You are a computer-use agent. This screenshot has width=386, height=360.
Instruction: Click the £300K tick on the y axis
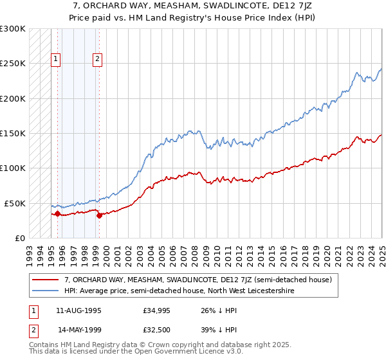click(x=13, y=29)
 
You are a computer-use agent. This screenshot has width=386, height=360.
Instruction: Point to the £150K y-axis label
click(x=13, y=134)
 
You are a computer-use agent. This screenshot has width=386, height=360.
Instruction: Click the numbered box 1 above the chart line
click(x=56, y=60)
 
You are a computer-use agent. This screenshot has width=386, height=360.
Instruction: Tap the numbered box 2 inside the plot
click(x=97, y=60)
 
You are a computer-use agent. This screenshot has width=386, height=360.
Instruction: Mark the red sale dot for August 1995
click(x=57, y=213)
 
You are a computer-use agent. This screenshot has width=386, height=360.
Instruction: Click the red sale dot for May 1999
click(x=99, y=215)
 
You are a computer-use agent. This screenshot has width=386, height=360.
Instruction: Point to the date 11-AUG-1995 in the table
click(x=78, y=310)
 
